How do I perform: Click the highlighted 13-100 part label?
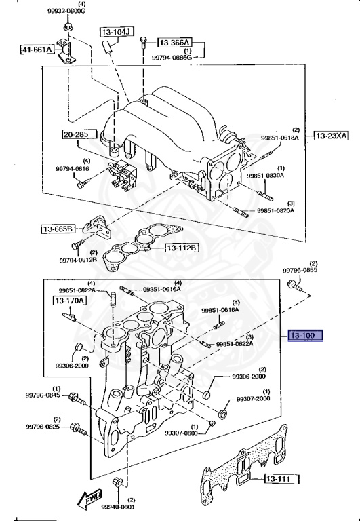coord(304,336)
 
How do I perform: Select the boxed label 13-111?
coord(277,480)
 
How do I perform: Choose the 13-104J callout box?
coord(117,32)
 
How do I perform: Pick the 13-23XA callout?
coord(331,136)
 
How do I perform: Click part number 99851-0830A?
coord(265,175)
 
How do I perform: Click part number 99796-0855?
coord(300,271)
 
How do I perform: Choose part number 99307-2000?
coord(254,399)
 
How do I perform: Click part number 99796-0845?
coord(43,395)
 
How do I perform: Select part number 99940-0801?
coord(119,507)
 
